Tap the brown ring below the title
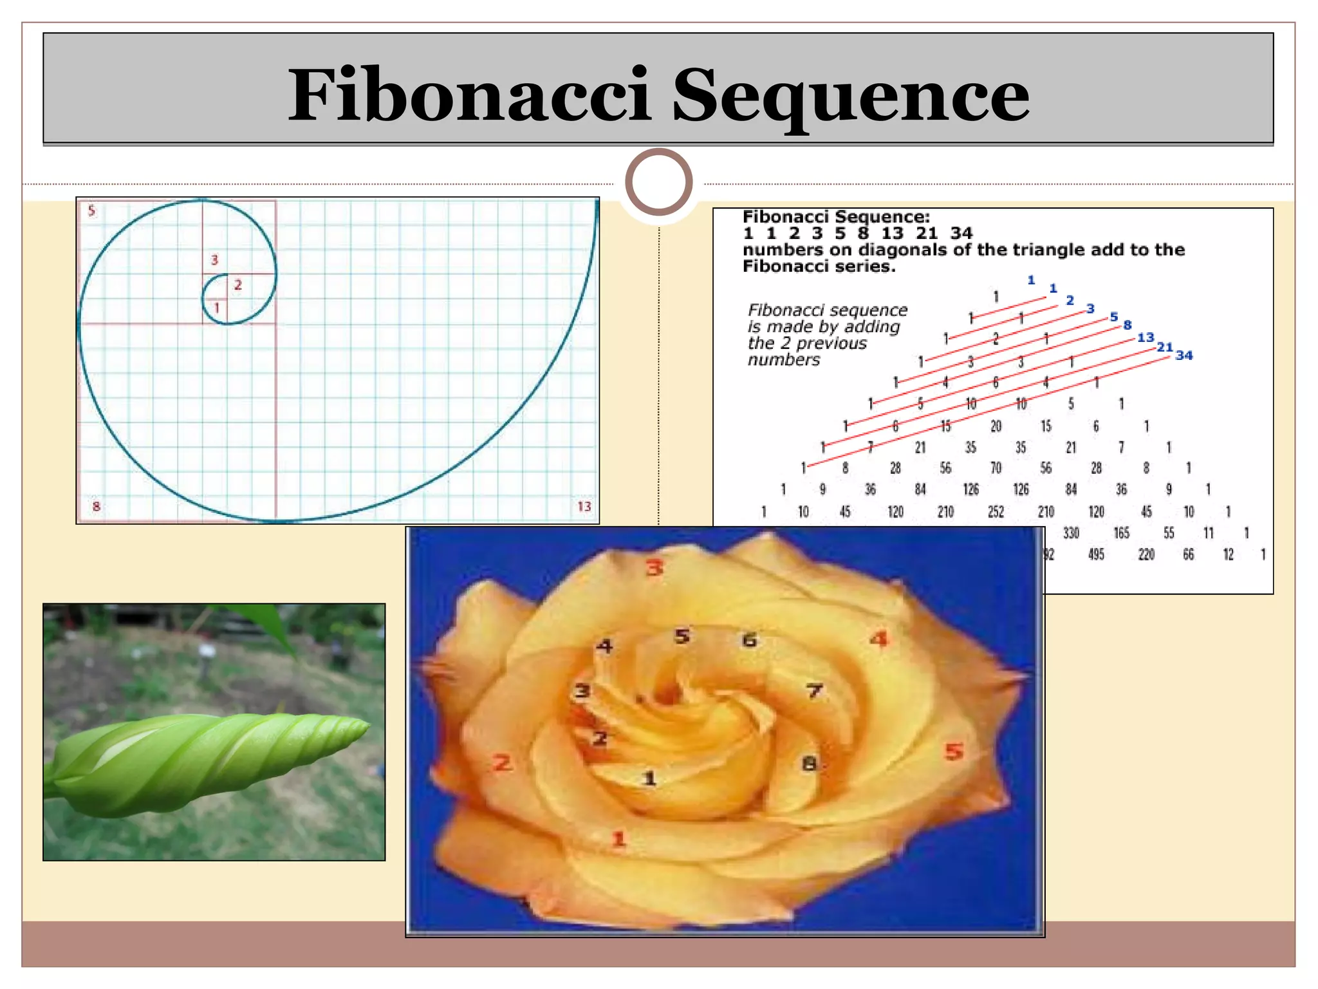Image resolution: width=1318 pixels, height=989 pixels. [x=658, y=182]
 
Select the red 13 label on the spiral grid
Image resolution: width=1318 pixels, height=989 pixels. [x=584, y=507]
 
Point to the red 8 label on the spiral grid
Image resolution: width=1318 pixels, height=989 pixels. [x=97, y=507]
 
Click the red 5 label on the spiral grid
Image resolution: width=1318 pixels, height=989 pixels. [x=91, y=211]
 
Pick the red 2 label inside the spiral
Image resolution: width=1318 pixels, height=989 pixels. [x=238, y=285]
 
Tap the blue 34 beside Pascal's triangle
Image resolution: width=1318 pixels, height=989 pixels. [x=1184, y=355]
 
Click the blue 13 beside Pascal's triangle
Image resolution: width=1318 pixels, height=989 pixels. [x=1146, y=337]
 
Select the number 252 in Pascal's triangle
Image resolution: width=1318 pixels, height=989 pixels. [x=996, y=512]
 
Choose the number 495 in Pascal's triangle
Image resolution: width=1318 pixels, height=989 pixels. [x=1096, y=554]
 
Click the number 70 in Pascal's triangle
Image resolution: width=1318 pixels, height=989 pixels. [x=996, y=468]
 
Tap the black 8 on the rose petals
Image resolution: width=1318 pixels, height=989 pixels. [x=809, y=764]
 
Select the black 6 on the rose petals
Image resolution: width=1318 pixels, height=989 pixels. [x=749, y=640]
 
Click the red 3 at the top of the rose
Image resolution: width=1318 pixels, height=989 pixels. [x=654, y=568]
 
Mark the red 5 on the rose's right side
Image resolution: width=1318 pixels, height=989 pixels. [x=954, y=751]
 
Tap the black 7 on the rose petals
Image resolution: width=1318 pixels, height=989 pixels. [x=814, y=691]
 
